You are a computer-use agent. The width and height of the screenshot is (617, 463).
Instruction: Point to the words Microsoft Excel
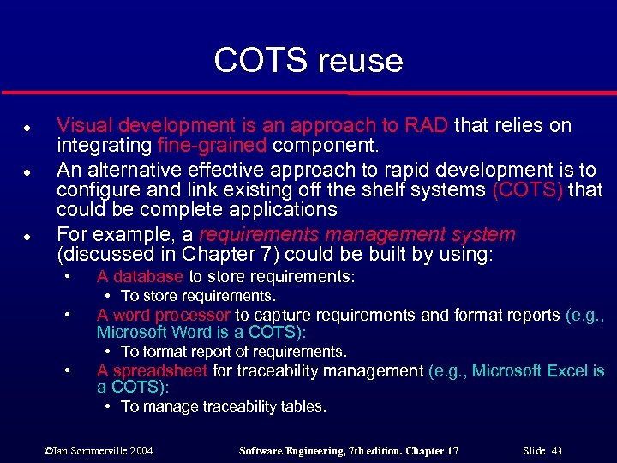pos(529,370)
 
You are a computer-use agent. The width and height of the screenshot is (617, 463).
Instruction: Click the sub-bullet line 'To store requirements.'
pos(198,296)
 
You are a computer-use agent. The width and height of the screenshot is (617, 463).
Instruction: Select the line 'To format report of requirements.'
pos(233,352)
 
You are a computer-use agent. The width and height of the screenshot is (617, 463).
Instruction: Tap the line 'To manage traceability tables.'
pos(223,406)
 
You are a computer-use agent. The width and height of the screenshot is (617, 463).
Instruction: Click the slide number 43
pos(557,450)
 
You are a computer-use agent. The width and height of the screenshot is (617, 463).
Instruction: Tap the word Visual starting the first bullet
pos(83,126)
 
